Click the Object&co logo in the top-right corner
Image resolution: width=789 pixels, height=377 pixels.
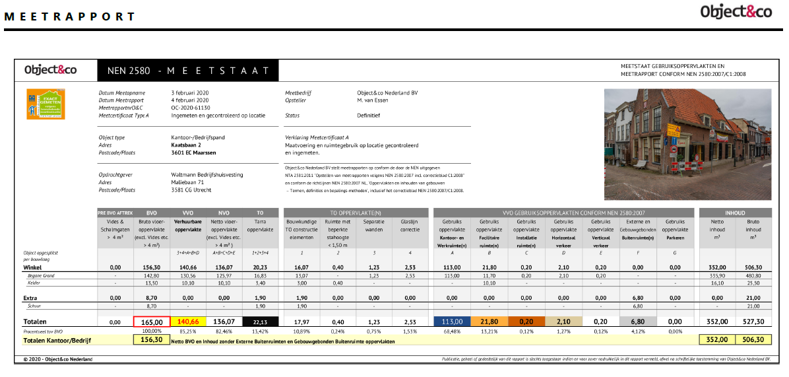(x=736, y=12)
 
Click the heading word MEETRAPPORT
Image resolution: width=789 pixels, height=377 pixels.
(x=70, y=17)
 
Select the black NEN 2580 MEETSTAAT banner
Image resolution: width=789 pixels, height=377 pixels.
(x=187, y=70)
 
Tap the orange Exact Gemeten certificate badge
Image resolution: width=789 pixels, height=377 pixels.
(x=46, y=104)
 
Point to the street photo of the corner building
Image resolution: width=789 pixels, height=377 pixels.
(x=689, y=143)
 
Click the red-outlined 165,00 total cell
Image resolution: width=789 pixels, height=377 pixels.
(x=152, y=322)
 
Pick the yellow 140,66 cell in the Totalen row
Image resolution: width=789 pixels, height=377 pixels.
(x=189, y=322)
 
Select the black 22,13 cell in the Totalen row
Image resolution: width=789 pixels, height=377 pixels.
(x=261, y=322)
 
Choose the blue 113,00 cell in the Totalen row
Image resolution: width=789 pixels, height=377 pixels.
(x=453, y=322)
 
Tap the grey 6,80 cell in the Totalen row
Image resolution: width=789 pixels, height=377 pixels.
(x=637, y=322)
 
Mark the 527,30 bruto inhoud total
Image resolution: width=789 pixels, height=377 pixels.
(x=754, y=322)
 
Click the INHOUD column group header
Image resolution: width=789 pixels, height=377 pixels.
(x=735, y=213)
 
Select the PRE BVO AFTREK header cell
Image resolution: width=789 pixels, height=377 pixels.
(x=115, y=213)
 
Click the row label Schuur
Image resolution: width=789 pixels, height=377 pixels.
(x=34, y=306)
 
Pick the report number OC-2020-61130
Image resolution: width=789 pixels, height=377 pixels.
(x=190, y=108)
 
